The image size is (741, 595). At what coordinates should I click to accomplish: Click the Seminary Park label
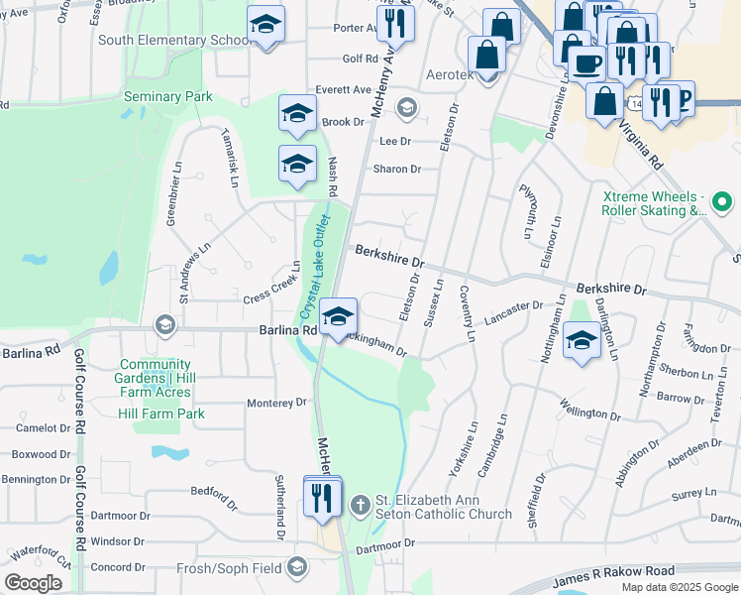[167, 97]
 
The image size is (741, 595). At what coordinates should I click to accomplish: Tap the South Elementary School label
[174, 41]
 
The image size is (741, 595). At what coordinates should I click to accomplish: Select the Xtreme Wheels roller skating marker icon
[722, 204]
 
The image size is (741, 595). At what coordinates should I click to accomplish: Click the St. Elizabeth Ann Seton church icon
[360, 506]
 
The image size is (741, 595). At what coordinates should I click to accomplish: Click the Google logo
[34, 583]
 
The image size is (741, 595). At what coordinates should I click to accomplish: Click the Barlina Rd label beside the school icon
[287, 330]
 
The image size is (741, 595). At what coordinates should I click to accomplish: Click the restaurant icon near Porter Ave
[395, 23]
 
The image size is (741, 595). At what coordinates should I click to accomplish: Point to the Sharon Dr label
[396, 169]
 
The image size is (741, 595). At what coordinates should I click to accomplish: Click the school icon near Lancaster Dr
[582, 340]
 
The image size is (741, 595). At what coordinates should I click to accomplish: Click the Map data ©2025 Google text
[679, 587]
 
